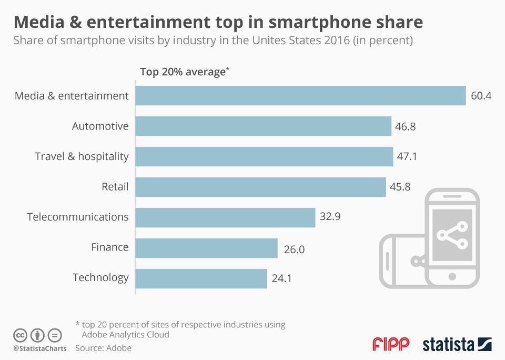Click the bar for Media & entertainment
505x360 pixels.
pyautogui.click(x=300, y=96)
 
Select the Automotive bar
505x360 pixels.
pyautogui.click(x=263, y=126)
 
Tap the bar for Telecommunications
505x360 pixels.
pyautogui.click(x=225, y=217)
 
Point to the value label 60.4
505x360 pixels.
pyautogui.click(x=481, y=96)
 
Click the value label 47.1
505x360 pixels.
pyautogui.click(x=409, y=157)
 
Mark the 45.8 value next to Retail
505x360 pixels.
pyautogui.click(x=402, y=187)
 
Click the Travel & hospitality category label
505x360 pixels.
pyautogui.click(x=82, y=156)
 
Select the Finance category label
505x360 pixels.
pyautogui.click(x=109, y=247)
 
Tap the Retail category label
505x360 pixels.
pyautogui.click(x=115, y=186)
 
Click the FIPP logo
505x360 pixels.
pyautogui.click(x=390, y=345)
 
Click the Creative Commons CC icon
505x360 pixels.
pyautogui.click(x=21, y=335)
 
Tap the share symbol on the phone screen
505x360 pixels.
pyautogui.click(x=452, y=234)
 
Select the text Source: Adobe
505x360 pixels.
pyautogui.click(x=103, y=348)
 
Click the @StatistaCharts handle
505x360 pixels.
pyautogui.click(x=39, y=348)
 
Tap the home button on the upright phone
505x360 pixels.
pyautogui.click(x=451, y=276)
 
